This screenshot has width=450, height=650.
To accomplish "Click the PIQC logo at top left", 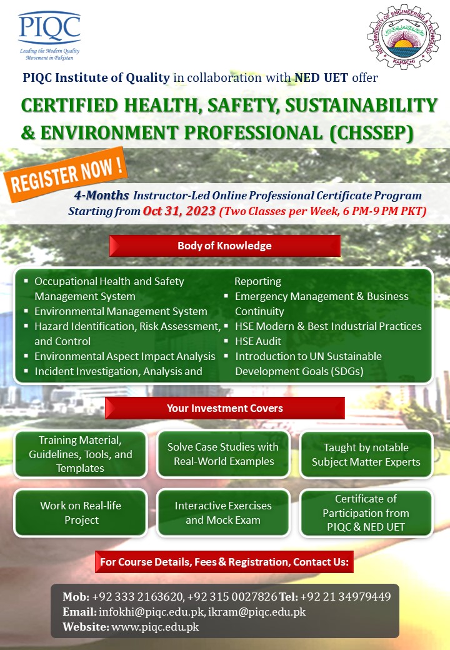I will coord(49,34).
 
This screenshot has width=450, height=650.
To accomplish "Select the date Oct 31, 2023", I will coord(179,211).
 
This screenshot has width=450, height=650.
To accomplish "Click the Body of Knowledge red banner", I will coord(224,246).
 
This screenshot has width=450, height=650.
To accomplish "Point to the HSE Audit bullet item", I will coord(257,341).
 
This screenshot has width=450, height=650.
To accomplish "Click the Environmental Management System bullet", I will coord(121,311).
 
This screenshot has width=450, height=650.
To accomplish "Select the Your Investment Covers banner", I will coord(224,408).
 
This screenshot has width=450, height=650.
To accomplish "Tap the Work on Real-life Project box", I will coord(81,512).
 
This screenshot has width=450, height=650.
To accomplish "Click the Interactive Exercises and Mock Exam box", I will coord(223,512).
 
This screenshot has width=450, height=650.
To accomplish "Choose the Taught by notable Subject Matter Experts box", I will coord(366,455).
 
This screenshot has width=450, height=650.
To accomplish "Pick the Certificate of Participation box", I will coord(366,512).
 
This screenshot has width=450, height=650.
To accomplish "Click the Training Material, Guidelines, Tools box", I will coord(81,454).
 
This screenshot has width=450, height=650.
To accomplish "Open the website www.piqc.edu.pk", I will coord(156,626).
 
